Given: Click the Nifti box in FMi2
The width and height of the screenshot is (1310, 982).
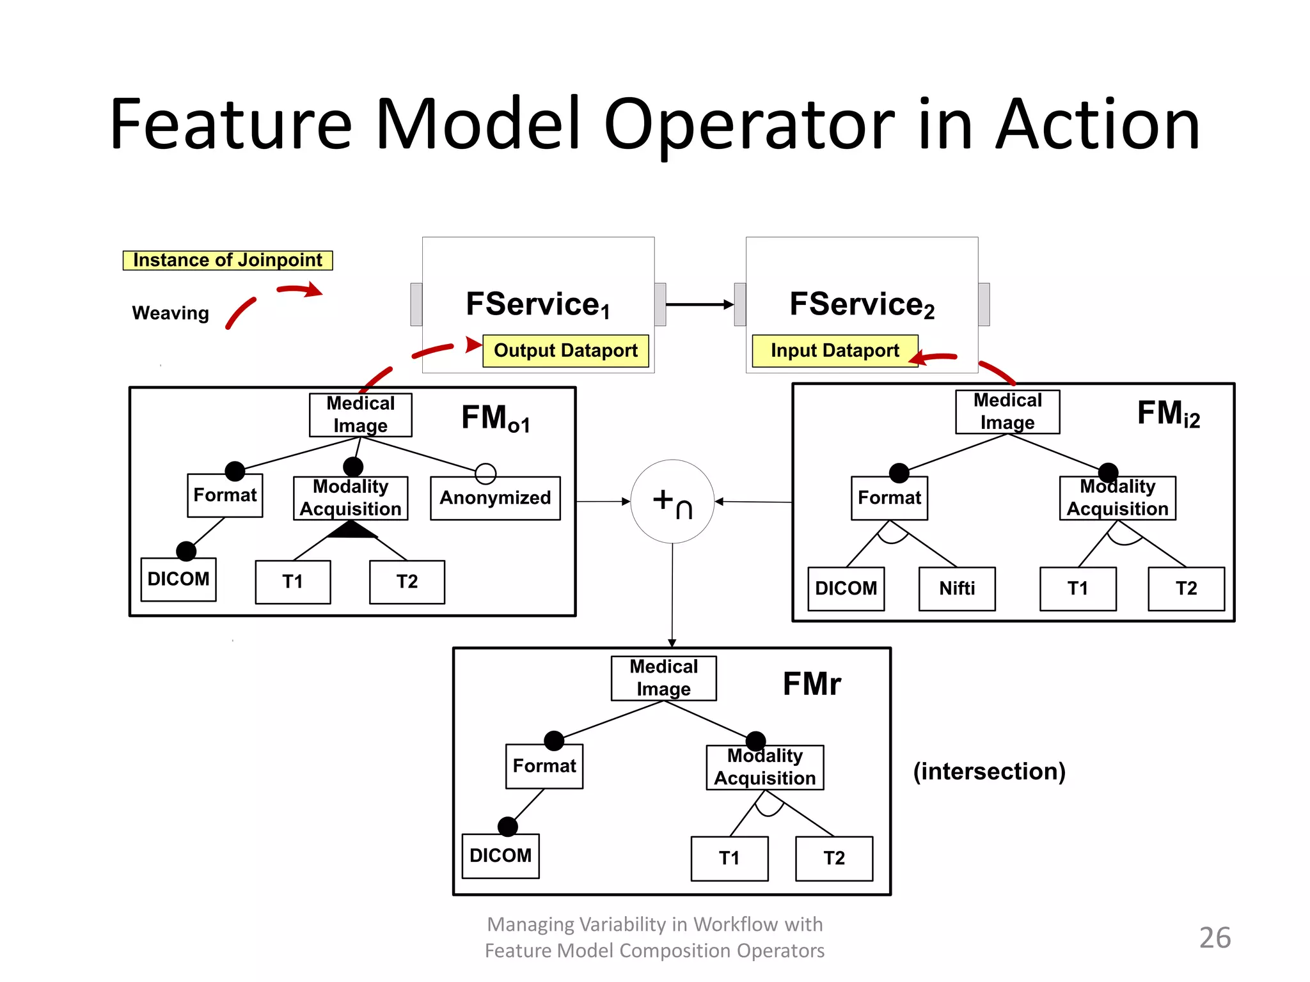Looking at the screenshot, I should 956,588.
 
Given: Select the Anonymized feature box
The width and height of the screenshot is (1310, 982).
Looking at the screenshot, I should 495,498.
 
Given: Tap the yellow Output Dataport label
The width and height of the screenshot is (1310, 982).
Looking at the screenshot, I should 565,350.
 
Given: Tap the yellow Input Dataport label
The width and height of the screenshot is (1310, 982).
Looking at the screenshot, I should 834,350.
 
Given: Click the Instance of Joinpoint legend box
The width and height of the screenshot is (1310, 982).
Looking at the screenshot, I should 228,260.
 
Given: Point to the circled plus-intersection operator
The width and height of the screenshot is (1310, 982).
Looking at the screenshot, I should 672,501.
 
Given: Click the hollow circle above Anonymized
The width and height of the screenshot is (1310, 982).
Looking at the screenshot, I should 485,473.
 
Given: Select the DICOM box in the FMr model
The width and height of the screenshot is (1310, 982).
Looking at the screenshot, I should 500,855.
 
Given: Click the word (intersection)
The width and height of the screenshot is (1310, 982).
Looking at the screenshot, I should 989,771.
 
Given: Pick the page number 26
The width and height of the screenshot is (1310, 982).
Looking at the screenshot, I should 1214,938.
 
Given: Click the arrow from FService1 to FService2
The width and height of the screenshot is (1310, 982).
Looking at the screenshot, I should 700,305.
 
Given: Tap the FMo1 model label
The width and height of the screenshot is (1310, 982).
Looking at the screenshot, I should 496,419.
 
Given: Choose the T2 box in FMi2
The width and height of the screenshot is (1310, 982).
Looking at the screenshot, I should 1186,588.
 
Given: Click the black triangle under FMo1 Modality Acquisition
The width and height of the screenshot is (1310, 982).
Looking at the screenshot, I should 351,530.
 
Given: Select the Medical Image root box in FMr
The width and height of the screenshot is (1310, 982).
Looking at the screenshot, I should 663,678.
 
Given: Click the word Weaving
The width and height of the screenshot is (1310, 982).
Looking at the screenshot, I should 170,313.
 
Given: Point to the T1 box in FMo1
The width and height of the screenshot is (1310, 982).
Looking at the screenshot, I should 292,582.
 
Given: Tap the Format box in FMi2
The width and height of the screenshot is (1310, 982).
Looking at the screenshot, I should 889,497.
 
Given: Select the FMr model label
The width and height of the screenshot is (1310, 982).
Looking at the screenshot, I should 811,684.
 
